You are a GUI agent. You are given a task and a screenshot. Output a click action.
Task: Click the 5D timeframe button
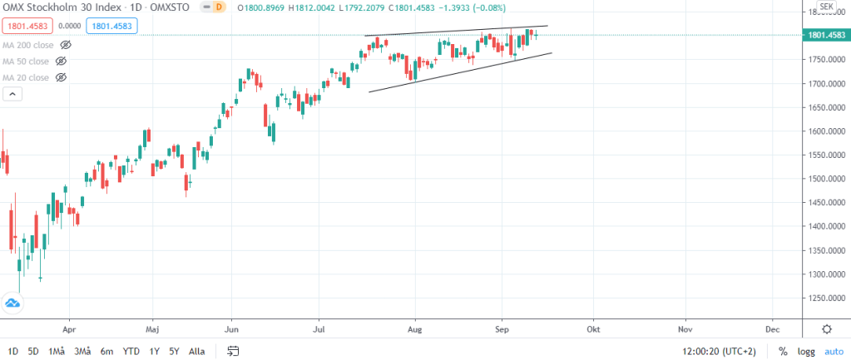[x=33, y=351]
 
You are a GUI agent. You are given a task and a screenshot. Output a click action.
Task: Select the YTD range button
[x=131, y=351]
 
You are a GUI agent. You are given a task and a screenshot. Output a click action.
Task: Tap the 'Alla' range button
[x=197, y=351]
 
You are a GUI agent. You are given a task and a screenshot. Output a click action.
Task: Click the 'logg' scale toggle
[x=806, y=351]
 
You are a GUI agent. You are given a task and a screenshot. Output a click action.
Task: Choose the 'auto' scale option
[x=834, y=351]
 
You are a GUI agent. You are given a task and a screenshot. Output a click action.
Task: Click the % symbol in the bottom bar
[x=782, y=351]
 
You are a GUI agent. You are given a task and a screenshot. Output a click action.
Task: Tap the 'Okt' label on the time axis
[x=593, y=328]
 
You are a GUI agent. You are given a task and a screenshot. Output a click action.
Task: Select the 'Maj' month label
[x=151, y=328]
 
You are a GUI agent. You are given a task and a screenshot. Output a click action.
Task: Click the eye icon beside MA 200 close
[x=67, y=44]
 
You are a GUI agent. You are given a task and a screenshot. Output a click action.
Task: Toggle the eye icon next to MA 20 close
[x=61, y=77]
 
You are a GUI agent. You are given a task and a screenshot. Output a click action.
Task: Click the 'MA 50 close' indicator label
[x=26, y=61]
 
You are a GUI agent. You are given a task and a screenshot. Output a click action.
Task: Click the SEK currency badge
[x=826, y=7]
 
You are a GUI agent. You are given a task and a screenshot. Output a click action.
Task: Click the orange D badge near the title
[x=219, y=7]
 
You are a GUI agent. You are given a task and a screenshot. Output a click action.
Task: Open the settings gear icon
[x=826, y=329]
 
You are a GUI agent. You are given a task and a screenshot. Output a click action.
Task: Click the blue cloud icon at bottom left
[x=12, y=304]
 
